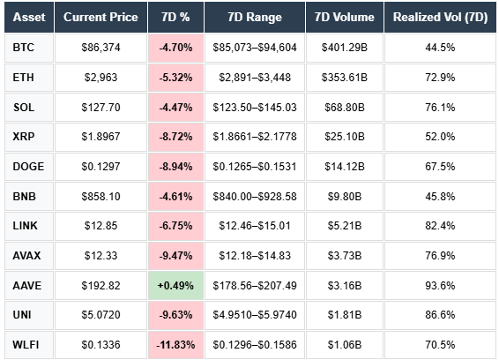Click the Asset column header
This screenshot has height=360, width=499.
[27, 17]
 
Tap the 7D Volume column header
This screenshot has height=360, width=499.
[343, 17]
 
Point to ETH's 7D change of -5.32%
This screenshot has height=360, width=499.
[176, 78]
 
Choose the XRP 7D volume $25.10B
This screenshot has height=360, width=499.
[343, 137]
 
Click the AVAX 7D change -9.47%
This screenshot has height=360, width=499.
[176, 255]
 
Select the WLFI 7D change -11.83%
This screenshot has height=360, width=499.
[176, 343]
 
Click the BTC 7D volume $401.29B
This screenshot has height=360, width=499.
[343, 49]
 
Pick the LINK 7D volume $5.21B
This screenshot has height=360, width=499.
[343, 225]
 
